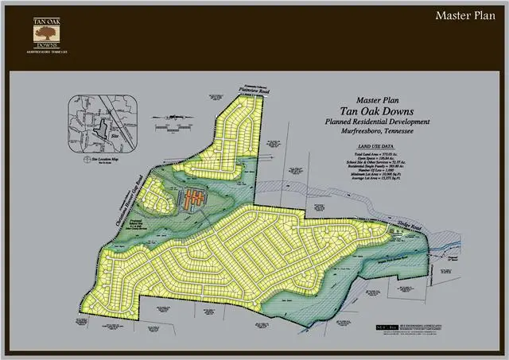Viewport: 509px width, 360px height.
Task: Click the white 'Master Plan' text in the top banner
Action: [465, 16]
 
